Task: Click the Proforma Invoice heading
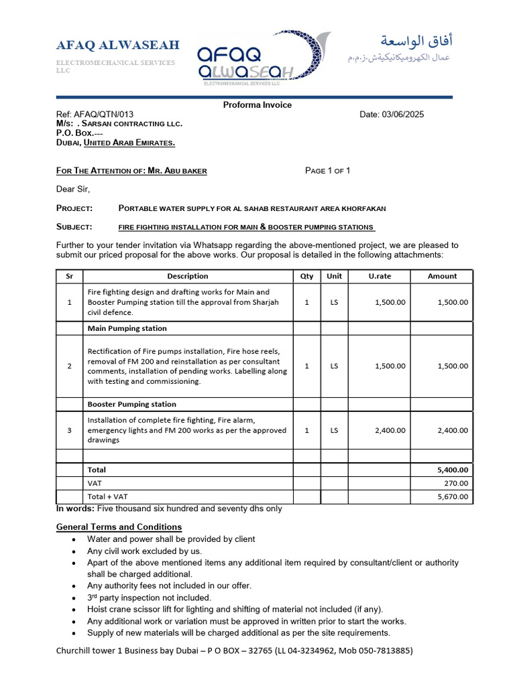coord(257,105)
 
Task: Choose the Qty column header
coord(306,276)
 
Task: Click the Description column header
coord(188,276)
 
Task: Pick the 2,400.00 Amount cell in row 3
coord(453,431)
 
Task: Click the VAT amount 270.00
coord(457,483)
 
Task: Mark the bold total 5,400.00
coord(453,470)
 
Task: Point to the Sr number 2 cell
coord(69,366)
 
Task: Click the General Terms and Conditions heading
coord(119,527)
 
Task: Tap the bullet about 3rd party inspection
coord(149,598)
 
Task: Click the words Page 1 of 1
coord(327,171)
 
